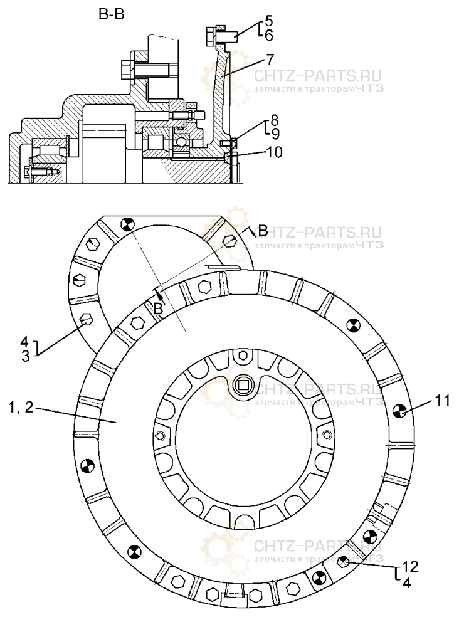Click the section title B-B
(110, 14)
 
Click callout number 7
(270, 60)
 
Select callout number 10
(273, 152)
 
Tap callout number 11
(443, 401)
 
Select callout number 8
(275, 119)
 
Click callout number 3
(24, 356)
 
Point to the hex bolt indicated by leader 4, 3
(87, 320)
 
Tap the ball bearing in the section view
(181, 142)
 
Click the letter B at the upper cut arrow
(262, 230)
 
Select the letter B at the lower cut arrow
(159, 308)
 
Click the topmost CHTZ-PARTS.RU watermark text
(317, 76)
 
